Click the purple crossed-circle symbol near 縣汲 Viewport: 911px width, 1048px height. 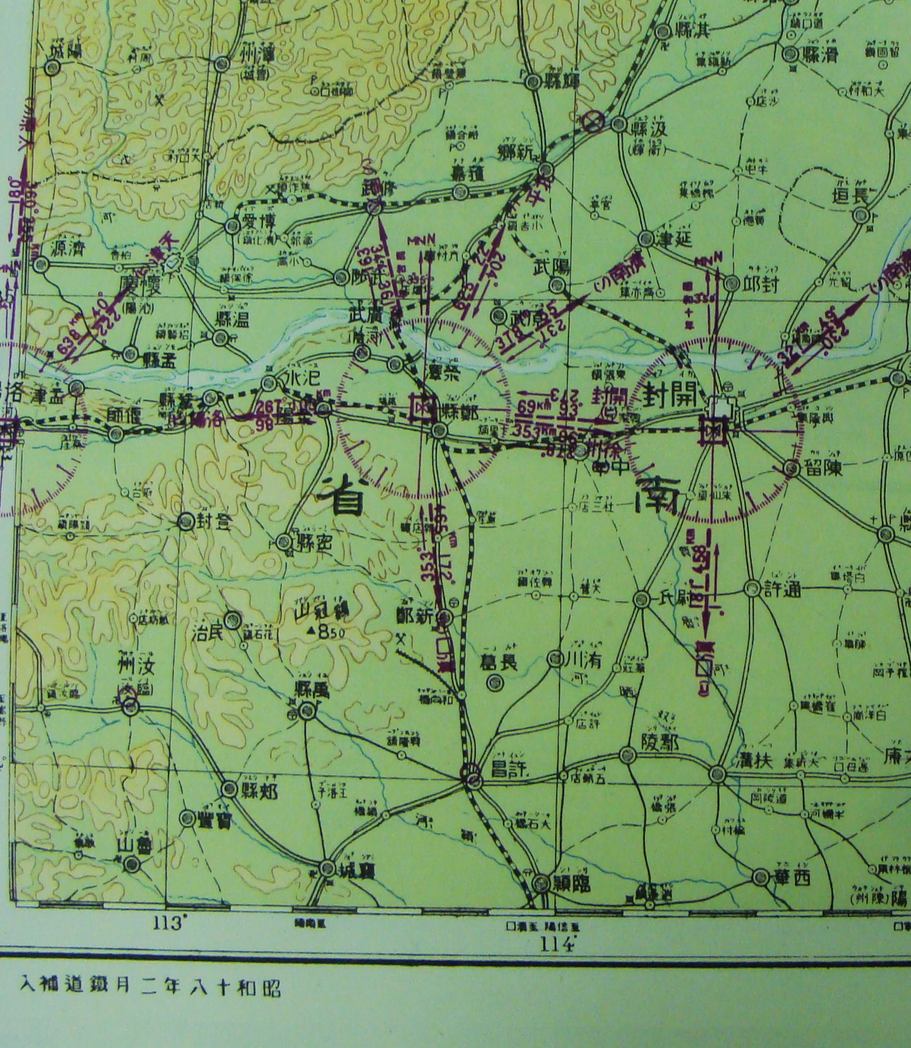tap(594, 122)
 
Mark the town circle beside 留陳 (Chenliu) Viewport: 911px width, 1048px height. tap(792, 468)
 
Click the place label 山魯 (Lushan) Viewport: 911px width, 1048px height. tap(135, 845)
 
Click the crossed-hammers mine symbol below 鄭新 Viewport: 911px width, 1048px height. tap(401, 638)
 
